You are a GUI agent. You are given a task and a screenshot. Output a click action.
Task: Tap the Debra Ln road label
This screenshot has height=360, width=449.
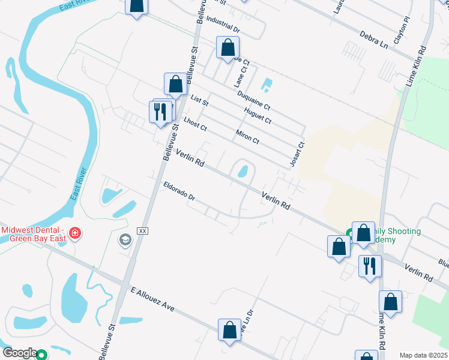[x=375, y=40]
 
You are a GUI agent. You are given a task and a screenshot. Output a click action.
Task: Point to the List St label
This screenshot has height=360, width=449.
[x=199, y=100]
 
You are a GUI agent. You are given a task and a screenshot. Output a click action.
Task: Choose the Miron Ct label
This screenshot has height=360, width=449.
[x=247, y=137]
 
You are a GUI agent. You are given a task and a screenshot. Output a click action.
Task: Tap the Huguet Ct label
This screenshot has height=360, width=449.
[x=258, y=115]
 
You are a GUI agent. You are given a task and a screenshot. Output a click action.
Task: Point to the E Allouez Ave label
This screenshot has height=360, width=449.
[x=152, y=298]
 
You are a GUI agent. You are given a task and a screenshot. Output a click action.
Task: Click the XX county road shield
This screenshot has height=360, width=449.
[x=143, y=231]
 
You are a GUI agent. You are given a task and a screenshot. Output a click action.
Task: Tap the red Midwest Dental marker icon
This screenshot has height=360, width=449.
[x=75, y=232]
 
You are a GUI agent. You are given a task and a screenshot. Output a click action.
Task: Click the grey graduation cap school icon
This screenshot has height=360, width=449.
[x=125, y=241]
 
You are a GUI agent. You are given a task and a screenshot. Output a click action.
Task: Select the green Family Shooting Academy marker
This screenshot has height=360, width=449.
[x=349, y=233]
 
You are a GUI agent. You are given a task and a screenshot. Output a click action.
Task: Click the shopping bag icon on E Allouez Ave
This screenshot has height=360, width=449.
[x=230, y=330]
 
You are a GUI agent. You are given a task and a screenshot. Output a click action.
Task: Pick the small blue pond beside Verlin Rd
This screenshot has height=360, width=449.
[x=243, y=172]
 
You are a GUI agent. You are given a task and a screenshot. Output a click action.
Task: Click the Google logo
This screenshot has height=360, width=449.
[x=19, y=353]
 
